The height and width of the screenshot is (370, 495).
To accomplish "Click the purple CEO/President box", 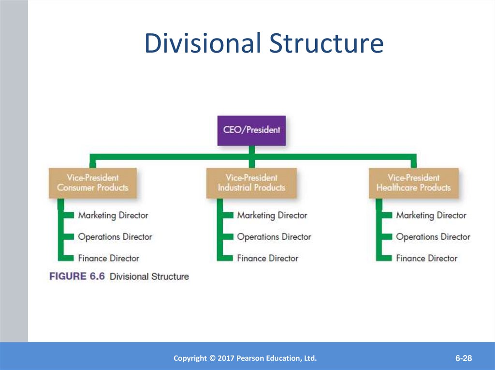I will point(251,130).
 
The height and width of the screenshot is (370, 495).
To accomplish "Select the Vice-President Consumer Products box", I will point(92,183).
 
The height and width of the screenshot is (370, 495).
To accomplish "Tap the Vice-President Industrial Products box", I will point(251,183).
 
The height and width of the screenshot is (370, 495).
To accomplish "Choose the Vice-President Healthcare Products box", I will point(413,183).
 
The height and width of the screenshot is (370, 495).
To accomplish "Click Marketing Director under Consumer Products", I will point(113,215).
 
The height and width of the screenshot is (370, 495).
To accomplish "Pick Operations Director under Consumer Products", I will point(115,237).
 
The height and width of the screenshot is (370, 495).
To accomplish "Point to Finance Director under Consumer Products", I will point(109,258).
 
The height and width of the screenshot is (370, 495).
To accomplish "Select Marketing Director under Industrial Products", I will point(272,215).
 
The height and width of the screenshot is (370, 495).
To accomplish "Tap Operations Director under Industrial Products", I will point(274,237).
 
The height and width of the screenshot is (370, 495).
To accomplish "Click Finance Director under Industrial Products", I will point(268,258).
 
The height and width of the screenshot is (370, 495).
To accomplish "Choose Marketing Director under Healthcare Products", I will point(431,215).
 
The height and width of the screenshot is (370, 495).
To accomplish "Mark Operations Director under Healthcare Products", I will point(433,237).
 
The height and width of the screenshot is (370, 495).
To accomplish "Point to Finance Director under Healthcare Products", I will point(427,258).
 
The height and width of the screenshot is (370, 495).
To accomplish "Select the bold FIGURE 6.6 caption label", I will point(77,276).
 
